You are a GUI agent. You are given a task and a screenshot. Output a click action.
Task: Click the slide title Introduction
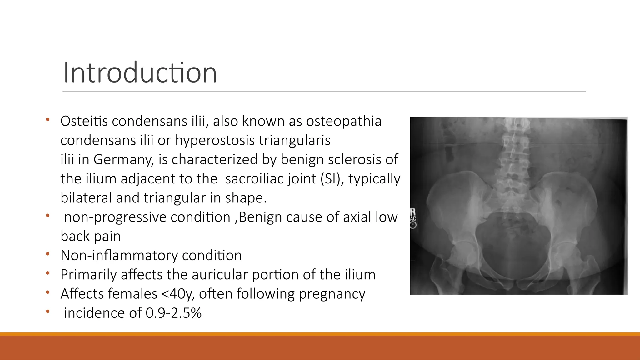click(x=140, y=72)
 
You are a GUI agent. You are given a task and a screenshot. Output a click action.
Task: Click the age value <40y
click(x=178, y=294)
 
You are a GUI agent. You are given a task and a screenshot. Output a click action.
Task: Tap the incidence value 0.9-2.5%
click(x=173, y=313)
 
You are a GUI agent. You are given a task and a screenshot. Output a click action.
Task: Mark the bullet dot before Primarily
click(x=47, y=273)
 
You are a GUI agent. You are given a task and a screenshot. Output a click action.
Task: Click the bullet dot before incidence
click(x=47, y=312)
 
